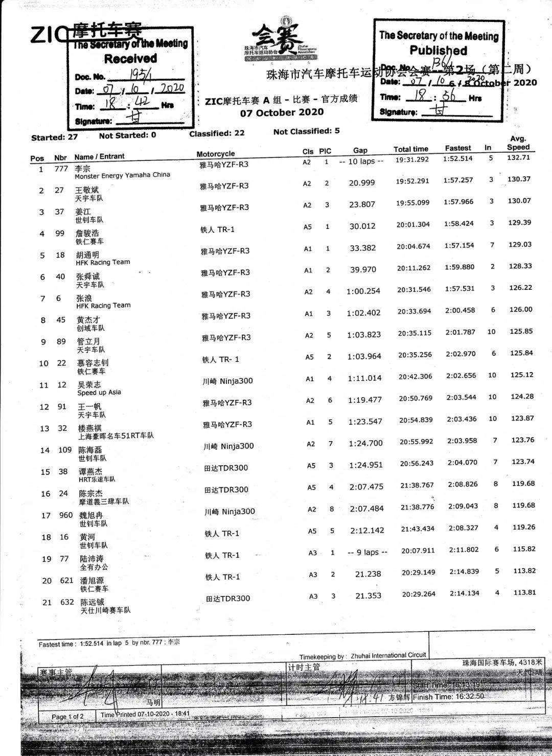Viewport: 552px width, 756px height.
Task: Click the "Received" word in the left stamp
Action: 130,59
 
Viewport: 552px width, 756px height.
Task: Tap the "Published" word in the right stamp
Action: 438,51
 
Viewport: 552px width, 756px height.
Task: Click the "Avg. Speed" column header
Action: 518,143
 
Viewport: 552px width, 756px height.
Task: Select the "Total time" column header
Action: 410,149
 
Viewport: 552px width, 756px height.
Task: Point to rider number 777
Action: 61,169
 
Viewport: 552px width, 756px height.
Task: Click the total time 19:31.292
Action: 412,160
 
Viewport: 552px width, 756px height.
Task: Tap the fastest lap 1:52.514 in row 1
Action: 458,159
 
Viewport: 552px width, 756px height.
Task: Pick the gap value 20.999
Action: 362,183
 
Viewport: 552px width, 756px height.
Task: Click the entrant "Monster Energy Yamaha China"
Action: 122,175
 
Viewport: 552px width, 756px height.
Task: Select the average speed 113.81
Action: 524,592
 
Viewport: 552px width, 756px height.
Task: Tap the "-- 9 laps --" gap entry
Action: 367,552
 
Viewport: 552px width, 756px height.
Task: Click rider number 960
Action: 66,515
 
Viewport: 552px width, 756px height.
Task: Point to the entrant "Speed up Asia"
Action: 99,393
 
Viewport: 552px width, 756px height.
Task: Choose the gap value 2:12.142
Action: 367,531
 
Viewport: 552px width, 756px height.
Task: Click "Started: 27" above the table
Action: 54,137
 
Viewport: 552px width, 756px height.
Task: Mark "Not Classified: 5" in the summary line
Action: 306,131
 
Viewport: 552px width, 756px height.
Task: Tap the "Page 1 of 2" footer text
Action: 67,717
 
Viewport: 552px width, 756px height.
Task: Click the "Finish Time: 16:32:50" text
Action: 448,696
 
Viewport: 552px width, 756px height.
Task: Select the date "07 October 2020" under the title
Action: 282,112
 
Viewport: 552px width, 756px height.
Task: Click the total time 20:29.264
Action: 419,594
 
